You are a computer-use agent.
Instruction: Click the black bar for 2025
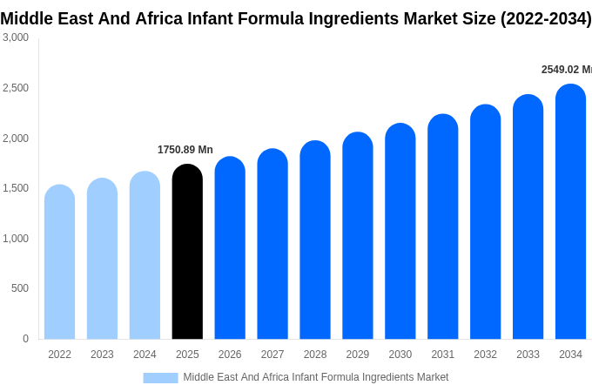[187, 253]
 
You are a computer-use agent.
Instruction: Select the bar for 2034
[570, 213]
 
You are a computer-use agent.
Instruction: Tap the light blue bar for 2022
[59, 263]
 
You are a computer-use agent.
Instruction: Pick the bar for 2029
[357, 237]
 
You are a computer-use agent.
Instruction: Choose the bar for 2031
[442, 228]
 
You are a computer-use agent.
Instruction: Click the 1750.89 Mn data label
[185, 150]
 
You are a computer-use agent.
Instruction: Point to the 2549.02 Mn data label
[566, 70]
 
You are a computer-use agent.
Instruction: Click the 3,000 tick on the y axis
[16, 37]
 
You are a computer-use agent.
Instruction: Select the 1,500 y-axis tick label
[16, 188]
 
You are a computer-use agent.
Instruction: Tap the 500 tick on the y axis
[20, 288]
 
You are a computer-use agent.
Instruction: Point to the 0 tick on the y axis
[25, 339]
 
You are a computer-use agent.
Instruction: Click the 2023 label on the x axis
[102, 355]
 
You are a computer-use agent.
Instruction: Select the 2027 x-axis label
[272, 355]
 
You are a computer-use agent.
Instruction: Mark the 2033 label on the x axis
[528, 355]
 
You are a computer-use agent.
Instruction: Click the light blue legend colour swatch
[160, 377]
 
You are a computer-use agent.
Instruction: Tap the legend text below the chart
[315, 377]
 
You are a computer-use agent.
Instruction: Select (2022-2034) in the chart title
[545, 18]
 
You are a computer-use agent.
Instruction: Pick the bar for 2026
[230, 249]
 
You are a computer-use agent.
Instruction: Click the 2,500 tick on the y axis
[16, 88]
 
